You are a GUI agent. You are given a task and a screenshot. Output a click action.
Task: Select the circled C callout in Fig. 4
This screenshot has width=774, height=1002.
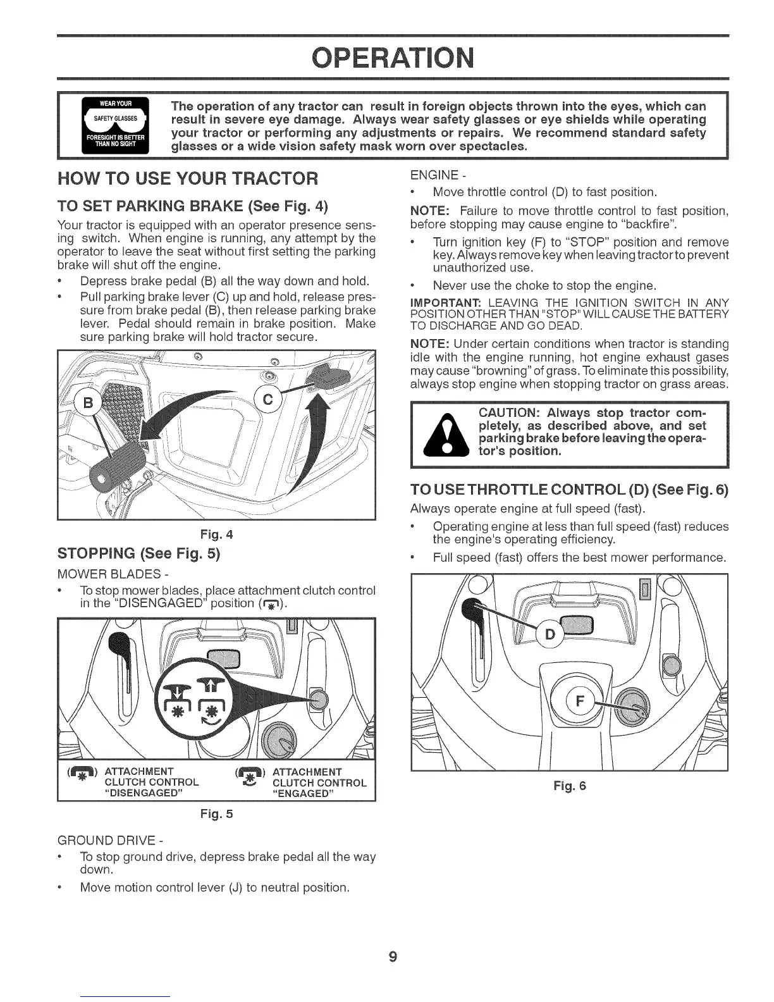pyautogui.click(x=267, y=400)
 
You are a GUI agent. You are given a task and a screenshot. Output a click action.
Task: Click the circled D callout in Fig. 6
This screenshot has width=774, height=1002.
pyautogui.click(x=550, y=634)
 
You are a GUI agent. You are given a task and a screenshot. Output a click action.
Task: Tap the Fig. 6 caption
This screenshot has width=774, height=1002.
pyautogui.click(x=570, y=786)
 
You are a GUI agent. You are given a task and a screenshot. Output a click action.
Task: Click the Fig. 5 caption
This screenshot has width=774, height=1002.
pyautogui.click(x=216, y=813)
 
